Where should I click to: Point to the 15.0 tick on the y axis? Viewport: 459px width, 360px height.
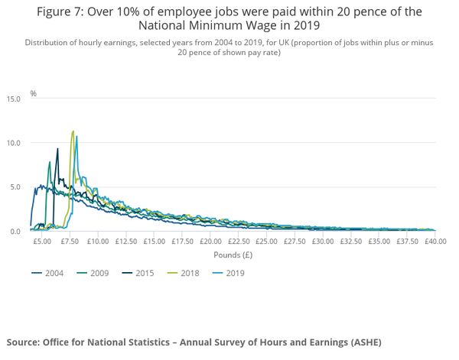[14, 99]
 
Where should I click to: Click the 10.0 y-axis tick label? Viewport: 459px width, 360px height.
[14, 143]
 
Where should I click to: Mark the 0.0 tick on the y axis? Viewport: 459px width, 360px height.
[15, 231]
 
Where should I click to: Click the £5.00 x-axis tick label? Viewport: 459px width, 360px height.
[42, 241]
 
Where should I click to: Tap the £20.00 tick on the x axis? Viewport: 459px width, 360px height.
[210, 241]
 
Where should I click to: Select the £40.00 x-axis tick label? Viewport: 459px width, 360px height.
[435, 241]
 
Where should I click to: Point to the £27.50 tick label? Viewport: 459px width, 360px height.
[295, 241]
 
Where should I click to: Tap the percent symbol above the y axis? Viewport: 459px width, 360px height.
[33, 93]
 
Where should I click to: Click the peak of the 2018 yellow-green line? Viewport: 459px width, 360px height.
[73, 131]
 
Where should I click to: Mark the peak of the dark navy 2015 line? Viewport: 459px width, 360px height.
[57, 149]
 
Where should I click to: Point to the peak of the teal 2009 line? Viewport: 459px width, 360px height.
[50, 162]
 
